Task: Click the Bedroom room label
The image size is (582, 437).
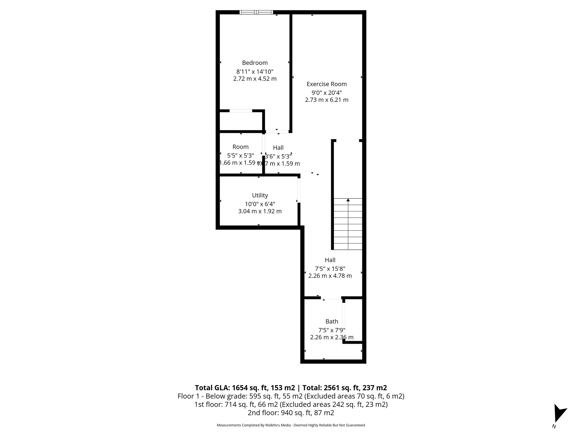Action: [x=255, y=63]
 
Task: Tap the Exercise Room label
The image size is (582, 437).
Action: [x=327, y=84]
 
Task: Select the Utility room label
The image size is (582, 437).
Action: [x=260, y=195]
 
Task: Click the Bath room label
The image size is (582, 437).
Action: [x=332, y=321]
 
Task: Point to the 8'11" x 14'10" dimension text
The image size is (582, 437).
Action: [x=255, y=72]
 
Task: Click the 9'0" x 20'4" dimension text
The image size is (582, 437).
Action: [x=327, y=93]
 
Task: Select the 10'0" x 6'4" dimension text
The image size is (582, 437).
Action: [x=260, y=204]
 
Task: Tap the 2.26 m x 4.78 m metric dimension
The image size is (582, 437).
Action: [x=330, y=276]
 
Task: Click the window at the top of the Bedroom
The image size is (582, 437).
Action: [x=256, y=12]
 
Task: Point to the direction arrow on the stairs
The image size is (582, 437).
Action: [x=348, y=200]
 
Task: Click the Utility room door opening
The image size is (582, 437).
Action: [x=299, y=190]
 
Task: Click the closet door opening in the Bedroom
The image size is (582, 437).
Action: [x=241, y=111]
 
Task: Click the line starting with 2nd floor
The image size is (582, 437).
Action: [x=291, y=413]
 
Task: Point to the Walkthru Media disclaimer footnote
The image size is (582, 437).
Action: [x=291, y=425]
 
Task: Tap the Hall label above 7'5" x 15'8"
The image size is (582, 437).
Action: [x=330, y=260]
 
